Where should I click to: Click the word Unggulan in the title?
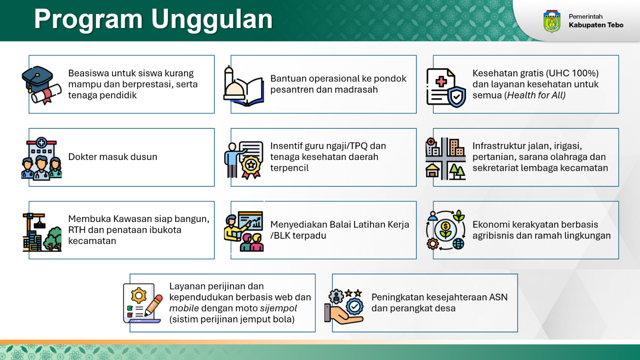212,20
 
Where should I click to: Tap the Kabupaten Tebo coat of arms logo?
552,22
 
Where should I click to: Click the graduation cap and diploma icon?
42,85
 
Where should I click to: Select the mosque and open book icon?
244,86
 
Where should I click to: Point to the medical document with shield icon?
446,88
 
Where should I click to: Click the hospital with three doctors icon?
42,158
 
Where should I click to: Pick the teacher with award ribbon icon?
244,160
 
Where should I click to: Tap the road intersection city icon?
446,158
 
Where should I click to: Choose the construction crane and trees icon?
42,232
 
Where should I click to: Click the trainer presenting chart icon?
244,231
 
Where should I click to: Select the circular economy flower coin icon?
446,230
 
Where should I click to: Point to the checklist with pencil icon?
143,303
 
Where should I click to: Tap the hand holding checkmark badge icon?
344,306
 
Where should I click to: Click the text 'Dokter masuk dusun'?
112,157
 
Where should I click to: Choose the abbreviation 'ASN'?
498,297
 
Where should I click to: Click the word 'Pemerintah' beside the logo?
586,16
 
